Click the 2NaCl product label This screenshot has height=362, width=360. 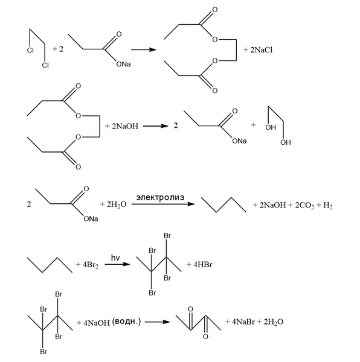[262, 50]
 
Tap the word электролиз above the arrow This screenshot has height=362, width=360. [160, 197]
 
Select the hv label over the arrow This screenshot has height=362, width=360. [115, 258]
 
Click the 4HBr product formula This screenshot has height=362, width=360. [202, 264]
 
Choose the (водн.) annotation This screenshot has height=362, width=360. [126, 322]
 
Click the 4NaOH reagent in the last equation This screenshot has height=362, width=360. [97, 323]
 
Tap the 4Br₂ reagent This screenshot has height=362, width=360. [91, 265]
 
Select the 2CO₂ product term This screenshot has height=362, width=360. [304, 205]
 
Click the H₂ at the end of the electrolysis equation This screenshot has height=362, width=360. [327, 205]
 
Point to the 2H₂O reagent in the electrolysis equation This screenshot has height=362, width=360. [117, 205]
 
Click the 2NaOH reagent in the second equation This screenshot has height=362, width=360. [125, 126]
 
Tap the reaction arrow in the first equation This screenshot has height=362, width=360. [144, 49]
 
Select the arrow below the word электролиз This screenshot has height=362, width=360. [163, 204]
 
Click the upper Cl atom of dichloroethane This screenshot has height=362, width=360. [30, 50]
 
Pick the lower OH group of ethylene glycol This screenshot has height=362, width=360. [286, 142]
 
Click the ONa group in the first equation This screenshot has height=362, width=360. [123, 64]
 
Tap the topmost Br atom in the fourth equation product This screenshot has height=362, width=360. [167, 236]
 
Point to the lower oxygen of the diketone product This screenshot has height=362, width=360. [205, 337]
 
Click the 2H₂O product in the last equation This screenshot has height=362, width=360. [274, 322]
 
